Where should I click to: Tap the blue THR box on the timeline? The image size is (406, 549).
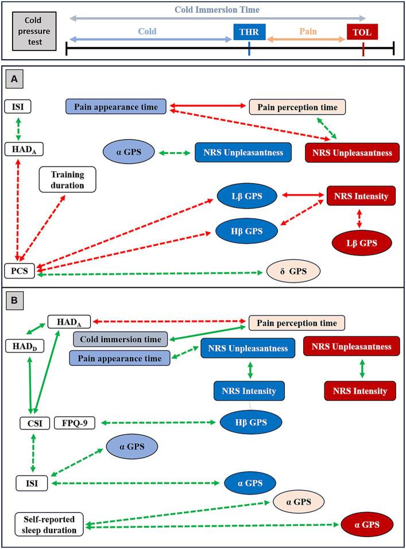point(249,33)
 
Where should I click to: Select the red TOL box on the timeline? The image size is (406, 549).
point(363,33)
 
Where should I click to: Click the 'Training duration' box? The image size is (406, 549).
point(67,179)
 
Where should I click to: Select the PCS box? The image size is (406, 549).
point(20,268)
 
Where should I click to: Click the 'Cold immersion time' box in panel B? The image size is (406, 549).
point(119,339)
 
